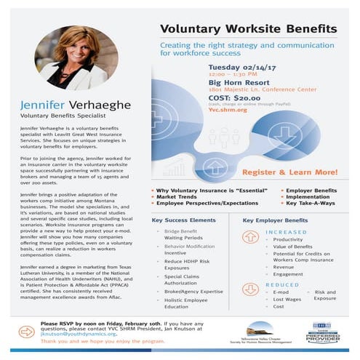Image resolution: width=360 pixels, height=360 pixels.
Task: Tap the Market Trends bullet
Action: pos(180,196)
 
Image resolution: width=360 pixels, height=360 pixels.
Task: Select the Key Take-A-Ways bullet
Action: pos(305,202)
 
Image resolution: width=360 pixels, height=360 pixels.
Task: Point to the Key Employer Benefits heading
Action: pos(275,219)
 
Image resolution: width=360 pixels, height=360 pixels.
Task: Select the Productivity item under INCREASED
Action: pos(288,239)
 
